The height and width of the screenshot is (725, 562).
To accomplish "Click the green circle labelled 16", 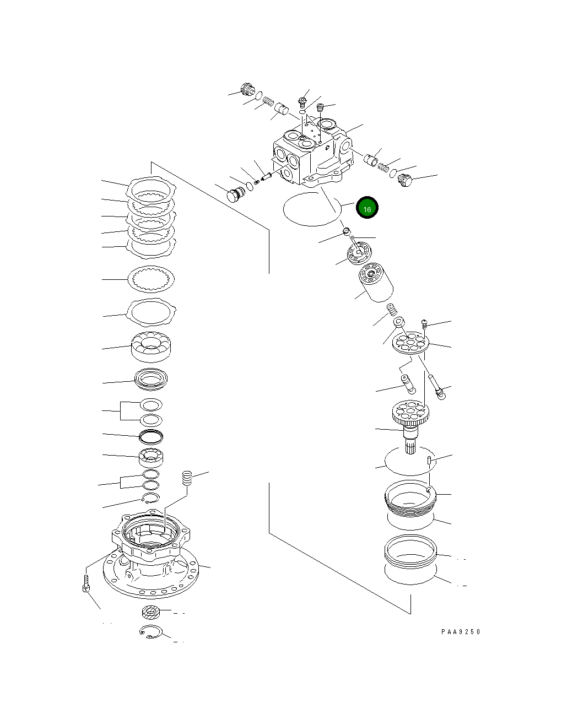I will pos(367,208).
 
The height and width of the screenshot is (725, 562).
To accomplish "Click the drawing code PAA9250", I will pos(460,632).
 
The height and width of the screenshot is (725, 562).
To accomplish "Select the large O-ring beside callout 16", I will pos(309,210).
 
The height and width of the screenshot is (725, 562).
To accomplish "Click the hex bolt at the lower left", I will pos(86,582).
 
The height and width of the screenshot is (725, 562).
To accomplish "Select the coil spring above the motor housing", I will pos(187,478).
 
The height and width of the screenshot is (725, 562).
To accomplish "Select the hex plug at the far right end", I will pos(404,181).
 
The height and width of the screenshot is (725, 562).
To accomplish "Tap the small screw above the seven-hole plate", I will pos(424,324).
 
